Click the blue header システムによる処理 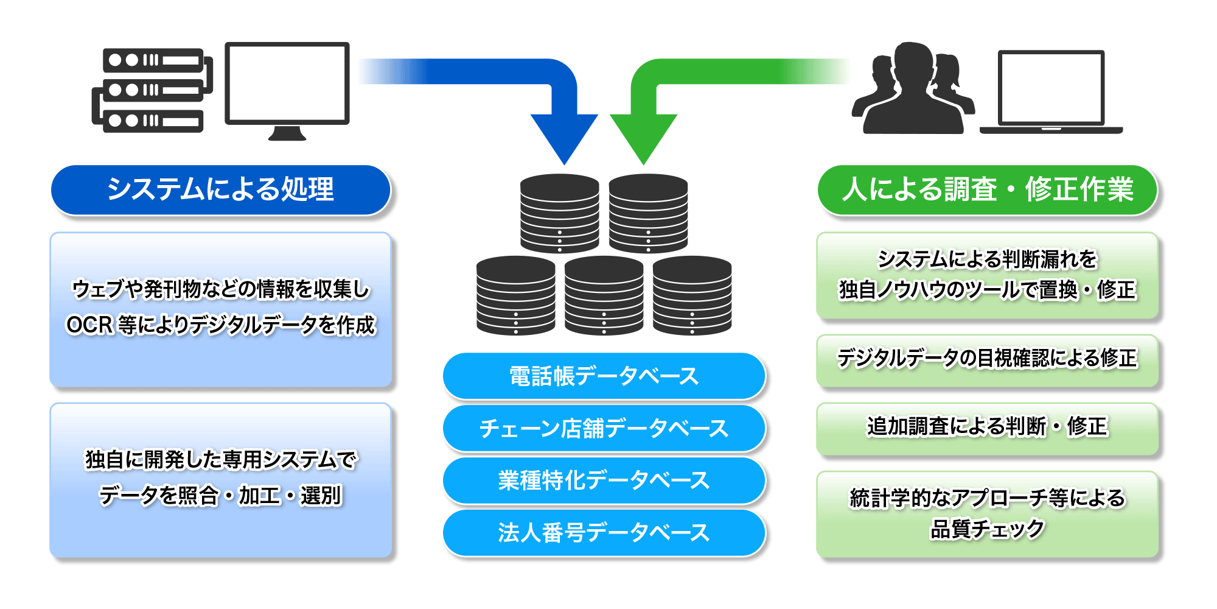pos(220,190)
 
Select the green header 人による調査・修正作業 pos(986,190)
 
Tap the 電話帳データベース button pos(604,376)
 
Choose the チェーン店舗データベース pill pos(604,428)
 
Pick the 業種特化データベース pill pos(604,481)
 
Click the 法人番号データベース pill pos(604,533)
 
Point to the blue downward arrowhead pos(564,137)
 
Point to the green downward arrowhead pos(643,137)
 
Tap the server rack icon pos(152,90)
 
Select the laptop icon pos(1051,91)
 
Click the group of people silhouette pos(913,88)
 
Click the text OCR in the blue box pos(89,325)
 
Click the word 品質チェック pos(986,529)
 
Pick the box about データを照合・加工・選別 pos(220,479)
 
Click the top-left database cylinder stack pos(559,213)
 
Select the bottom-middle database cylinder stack pos(604,295)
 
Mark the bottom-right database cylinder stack pos(692,295)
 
